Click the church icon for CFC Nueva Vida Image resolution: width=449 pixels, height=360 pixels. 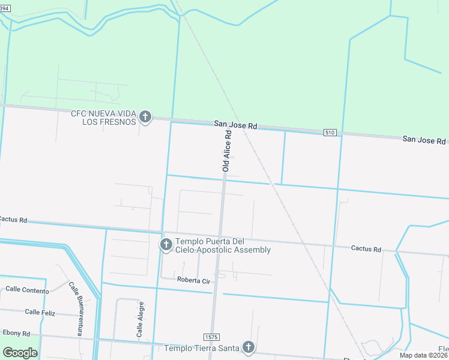coord(145,116)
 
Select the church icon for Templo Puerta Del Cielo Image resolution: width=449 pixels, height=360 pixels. coord(166,244)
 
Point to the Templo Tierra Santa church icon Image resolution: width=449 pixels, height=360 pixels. coord(248,347)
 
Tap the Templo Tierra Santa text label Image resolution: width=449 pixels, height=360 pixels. coord(202,347)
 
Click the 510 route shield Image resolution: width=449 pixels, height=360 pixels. coord(329,132)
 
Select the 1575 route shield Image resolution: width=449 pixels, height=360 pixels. coord(211,337)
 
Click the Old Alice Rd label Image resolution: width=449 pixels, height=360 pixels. coord(227,152)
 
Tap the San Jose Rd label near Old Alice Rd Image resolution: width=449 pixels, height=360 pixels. coord(235,125)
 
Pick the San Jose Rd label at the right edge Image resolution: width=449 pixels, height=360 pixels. coord(424,140)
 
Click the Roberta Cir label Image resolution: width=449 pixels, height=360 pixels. coord(193,280)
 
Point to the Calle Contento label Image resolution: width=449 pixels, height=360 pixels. coord(27,289)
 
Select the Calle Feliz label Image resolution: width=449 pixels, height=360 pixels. coord(41,312)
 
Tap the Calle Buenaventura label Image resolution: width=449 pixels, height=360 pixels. coord(76,308)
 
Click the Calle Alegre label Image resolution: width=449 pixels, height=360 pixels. coord(139,319)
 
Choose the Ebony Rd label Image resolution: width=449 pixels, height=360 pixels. coord(16,334)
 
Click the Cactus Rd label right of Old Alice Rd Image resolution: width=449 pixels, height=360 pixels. coord(366,248)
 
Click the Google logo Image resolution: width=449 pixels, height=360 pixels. coord(20,352)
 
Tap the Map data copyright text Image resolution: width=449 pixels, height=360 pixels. coord(423,355)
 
